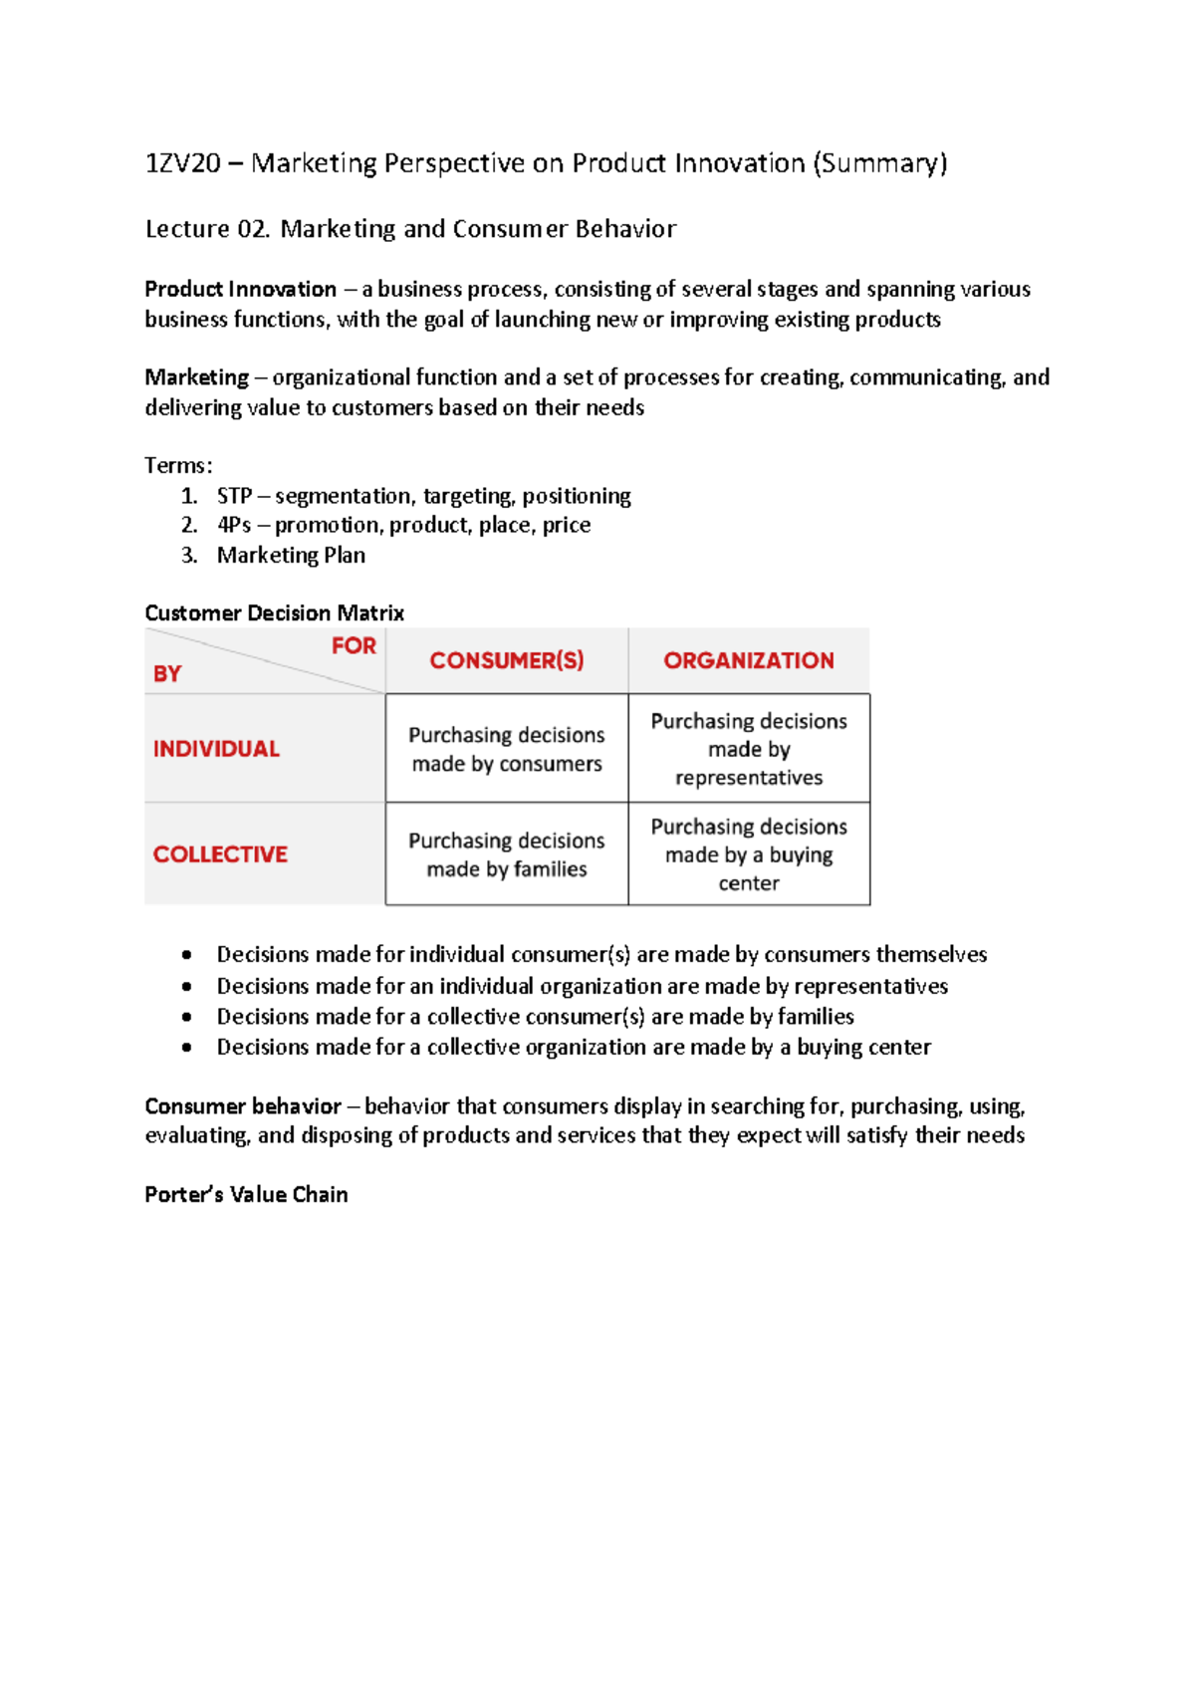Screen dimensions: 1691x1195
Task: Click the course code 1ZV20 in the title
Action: [x=182, y=163]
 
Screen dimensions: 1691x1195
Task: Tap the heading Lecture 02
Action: [x=207, y=229]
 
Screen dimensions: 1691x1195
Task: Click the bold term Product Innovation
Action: [x=240, y=290]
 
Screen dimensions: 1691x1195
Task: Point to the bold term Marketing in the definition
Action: [x=196, y=377]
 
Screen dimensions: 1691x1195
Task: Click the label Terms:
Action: [x=178, y=465]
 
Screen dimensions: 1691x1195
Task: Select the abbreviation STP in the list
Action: [x=234, y=496]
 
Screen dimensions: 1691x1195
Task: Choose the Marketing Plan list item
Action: [x=291, y=556]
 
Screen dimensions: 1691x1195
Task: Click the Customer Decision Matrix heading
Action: [x=274, y=612]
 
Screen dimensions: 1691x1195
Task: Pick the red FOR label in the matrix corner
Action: [x=354, y=646]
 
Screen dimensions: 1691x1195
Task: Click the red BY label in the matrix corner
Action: [x=167, y=674]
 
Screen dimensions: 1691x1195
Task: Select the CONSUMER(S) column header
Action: [x=507, y=660]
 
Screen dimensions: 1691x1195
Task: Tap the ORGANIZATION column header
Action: [x=749, y=660]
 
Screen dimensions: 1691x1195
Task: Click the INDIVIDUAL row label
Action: [x=216, y=749]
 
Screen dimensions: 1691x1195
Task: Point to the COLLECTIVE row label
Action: [x=220, y=854]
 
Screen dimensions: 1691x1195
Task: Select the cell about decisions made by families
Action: [x=507, y=854]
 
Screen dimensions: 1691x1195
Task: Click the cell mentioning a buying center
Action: [x=749, y=854]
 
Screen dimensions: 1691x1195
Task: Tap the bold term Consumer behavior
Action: [x=242, y=1106]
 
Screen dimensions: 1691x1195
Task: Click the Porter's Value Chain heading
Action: [x=246, y=1195]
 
